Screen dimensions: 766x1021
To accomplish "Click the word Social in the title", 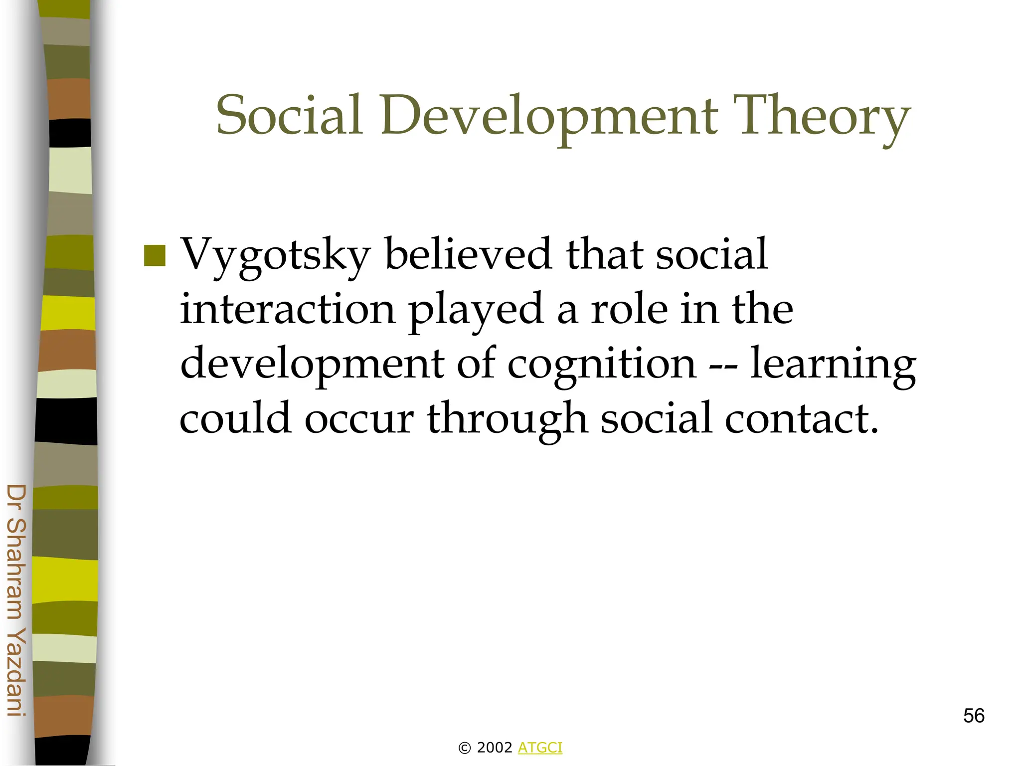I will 289,116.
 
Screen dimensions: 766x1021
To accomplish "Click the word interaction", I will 288,309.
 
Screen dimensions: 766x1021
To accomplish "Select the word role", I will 629,309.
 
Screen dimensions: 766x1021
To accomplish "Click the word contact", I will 801,419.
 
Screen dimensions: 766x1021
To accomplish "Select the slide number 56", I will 974,716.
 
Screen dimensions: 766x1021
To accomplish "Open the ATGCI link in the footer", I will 540,748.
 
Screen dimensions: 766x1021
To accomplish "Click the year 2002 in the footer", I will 495,748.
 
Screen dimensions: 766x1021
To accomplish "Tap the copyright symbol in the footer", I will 465,748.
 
